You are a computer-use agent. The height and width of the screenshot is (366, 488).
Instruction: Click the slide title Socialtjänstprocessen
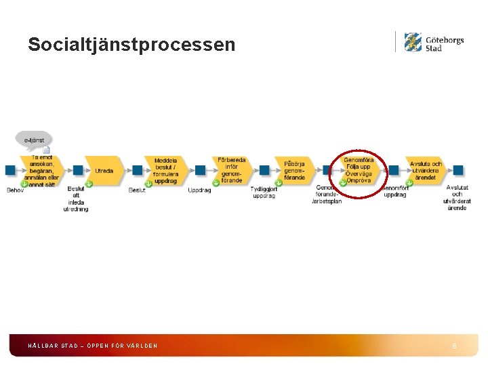[x=131, y=45]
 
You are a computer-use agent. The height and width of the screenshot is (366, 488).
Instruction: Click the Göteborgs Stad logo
[x=434, y=43]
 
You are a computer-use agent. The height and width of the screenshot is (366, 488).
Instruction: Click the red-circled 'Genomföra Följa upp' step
[x=358, y=171]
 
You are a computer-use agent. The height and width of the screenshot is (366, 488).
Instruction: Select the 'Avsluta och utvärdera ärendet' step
[x=425, y=170]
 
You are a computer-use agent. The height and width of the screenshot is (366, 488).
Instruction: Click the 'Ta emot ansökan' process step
[x=42, y=171]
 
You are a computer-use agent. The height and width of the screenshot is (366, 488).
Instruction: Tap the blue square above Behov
[x=10, y=170]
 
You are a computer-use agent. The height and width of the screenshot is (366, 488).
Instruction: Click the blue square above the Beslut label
[x=138, y=170]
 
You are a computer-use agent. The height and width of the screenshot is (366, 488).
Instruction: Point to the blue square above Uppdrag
[x=200, y=170]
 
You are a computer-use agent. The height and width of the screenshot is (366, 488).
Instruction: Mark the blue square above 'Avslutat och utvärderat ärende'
[x=458, y=170]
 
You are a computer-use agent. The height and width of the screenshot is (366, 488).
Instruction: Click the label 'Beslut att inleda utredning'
[x=76, y=199]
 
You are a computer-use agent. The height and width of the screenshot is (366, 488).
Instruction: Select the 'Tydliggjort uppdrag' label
[x=264, y=192]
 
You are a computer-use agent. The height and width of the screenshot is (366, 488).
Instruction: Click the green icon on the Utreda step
[x=89, y=184]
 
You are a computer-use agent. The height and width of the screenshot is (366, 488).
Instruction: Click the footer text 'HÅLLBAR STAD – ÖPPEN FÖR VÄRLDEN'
[x=92, y=346]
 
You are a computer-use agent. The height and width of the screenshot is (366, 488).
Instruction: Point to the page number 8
[x=454, y=346]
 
